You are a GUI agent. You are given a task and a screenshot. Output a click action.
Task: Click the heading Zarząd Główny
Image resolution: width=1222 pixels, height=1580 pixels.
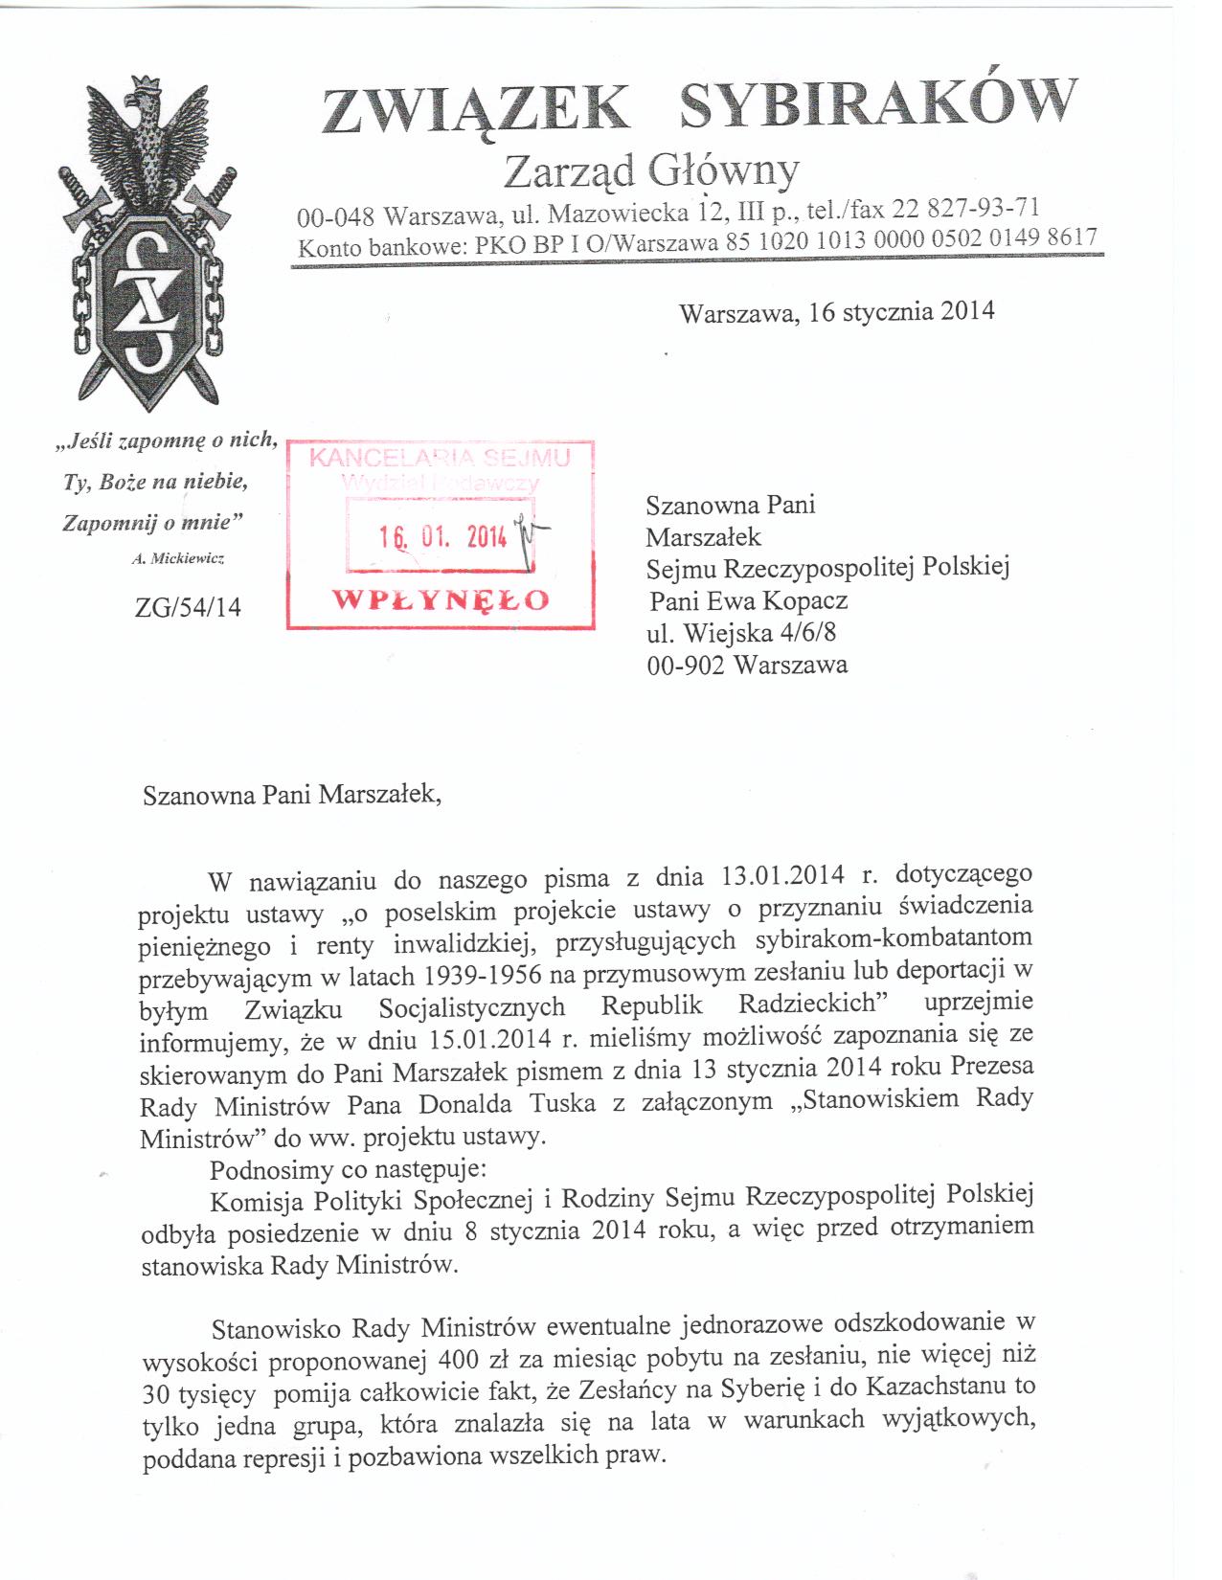click(650, 172)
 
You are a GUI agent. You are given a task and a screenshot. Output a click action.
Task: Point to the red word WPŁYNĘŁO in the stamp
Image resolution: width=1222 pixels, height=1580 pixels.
click(441, 600)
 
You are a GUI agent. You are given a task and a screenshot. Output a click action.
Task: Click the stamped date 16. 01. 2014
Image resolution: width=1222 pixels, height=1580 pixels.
click(442, 537)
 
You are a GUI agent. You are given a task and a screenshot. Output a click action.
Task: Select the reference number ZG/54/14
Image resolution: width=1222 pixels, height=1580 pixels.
click(189, 606)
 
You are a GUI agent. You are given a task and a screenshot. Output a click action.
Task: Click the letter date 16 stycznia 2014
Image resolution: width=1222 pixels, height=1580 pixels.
click(901, 312)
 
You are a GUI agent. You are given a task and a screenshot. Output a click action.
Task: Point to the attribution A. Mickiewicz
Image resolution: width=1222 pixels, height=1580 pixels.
click(177, 558)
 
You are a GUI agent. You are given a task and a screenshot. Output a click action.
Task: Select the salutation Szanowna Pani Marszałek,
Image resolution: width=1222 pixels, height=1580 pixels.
click(293, 795)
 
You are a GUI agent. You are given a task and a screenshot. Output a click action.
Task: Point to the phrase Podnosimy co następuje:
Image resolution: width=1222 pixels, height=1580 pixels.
click(349, 1170)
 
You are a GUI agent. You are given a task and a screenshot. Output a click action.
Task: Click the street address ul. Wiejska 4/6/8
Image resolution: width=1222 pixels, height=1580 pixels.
click(742, 632)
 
